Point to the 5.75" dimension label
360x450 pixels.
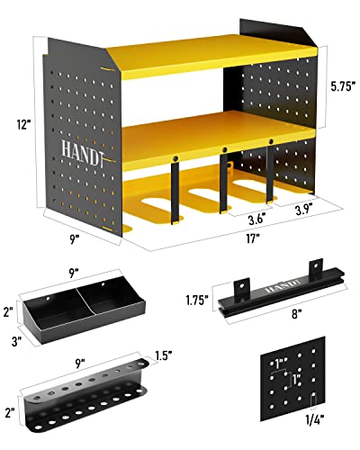click(340, 87)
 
